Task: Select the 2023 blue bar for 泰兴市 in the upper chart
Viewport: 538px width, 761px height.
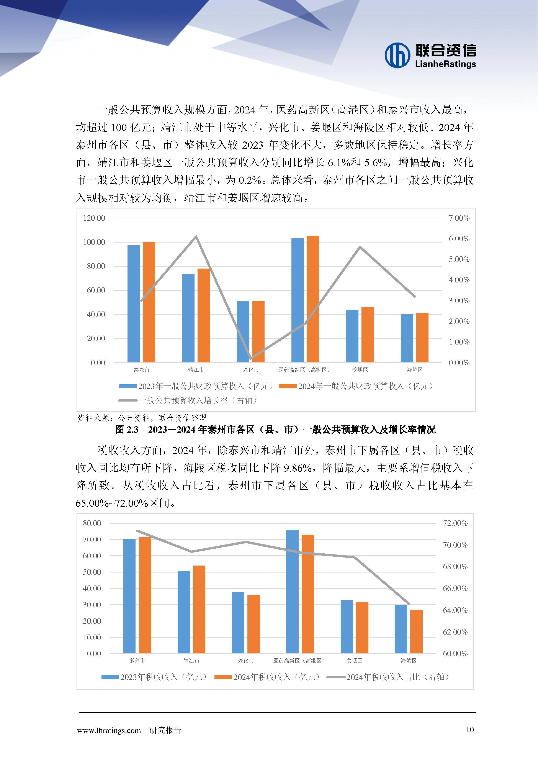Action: (134, 303)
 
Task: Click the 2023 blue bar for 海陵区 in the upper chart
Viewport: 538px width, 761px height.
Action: (407, 338)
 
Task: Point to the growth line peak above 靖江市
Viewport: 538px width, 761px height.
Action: (196, 236)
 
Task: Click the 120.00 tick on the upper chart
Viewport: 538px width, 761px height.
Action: (94, 218)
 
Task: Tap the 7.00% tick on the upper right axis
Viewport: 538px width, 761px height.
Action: (459, 218)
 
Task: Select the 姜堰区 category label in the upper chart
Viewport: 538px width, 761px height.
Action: (360, 370)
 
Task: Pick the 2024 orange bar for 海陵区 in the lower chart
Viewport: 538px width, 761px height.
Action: (416, 631)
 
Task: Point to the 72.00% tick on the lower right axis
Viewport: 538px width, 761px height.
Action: (455, 523)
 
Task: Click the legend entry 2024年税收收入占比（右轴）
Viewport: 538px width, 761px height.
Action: (388, 677)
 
